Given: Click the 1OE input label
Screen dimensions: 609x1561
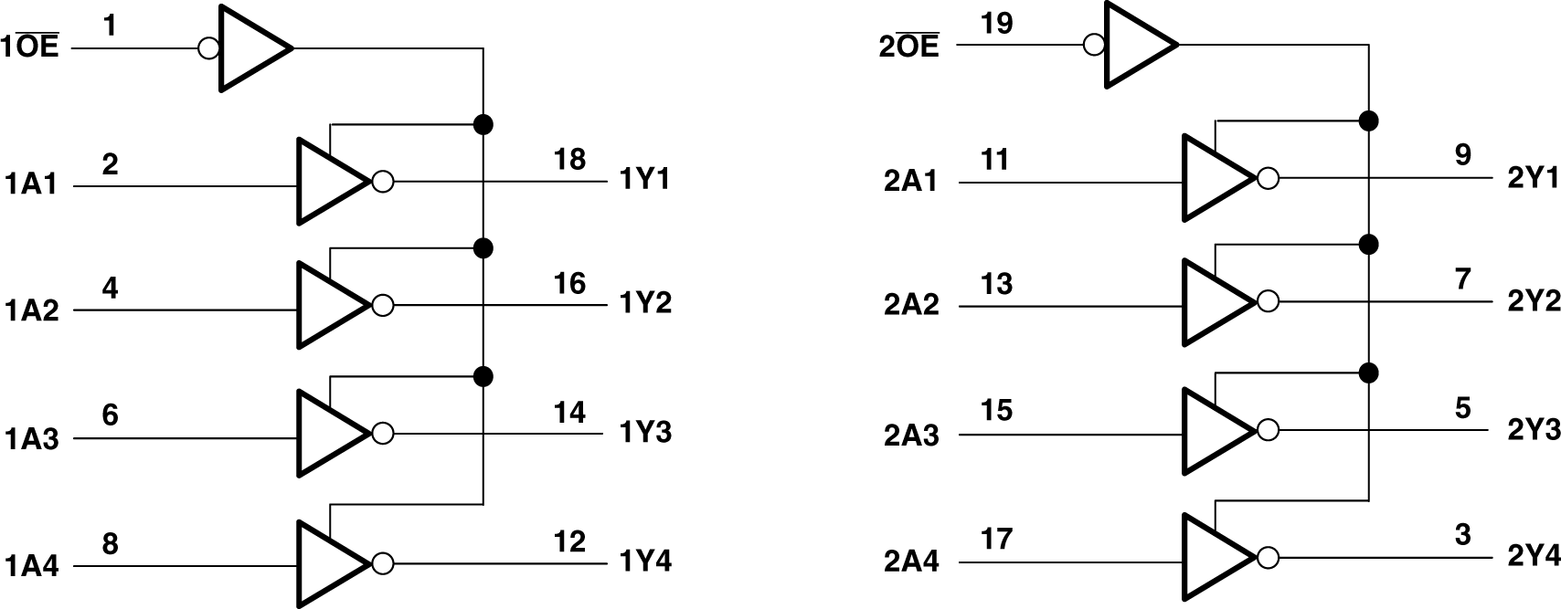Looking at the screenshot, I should point(31,47).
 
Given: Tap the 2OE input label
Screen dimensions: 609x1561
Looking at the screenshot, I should point(908,47).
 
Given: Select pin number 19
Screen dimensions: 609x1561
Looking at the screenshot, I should point(996,24).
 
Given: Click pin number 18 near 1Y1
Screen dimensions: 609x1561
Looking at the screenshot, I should point(568,159).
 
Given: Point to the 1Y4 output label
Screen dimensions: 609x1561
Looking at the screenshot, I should point(645,561).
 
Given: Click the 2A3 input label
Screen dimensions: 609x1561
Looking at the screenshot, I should point(910,436).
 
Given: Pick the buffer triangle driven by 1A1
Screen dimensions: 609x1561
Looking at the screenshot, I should point(327,182).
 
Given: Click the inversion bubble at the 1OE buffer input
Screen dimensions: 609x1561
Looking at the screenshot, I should point(208,47).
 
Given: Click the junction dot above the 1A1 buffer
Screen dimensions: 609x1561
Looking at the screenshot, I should point(483,123).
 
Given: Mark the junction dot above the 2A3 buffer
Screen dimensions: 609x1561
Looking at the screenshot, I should point(1368,372).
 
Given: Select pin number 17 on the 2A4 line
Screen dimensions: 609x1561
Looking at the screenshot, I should point(996,539).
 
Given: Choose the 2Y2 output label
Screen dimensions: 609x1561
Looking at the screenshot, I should point(1533,301).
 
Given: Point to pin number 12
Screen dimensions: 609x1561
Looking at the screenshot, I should point(568,541).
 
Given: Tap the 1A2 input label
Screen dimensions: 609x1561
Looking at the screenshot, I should point(31,311).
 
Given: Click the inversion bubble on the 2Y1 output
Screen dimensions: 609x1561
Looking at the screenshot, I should point(1268,179).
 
